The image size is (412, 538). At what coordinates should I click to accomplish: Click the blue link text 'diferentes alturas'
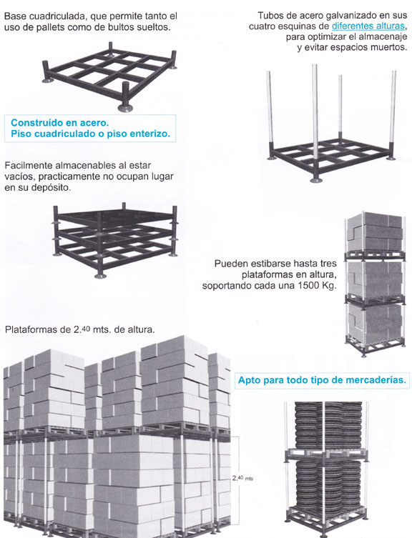(x=368, y=26)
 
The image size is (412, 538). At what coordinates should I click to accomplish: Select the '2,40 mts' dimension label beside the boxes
(x=243, y=478)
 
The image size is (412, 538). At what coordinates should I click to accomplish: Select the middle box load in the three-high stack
(x=376, y=278)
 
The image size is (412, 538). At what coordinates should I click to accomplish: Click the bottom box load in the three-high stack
(x=376, y=324)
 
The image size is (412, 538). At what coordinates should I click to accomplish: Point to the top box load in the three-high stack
(x=376, y=231)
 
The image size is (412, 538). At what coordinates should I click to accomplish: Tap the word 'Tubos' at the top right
(x=268, y=16)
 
